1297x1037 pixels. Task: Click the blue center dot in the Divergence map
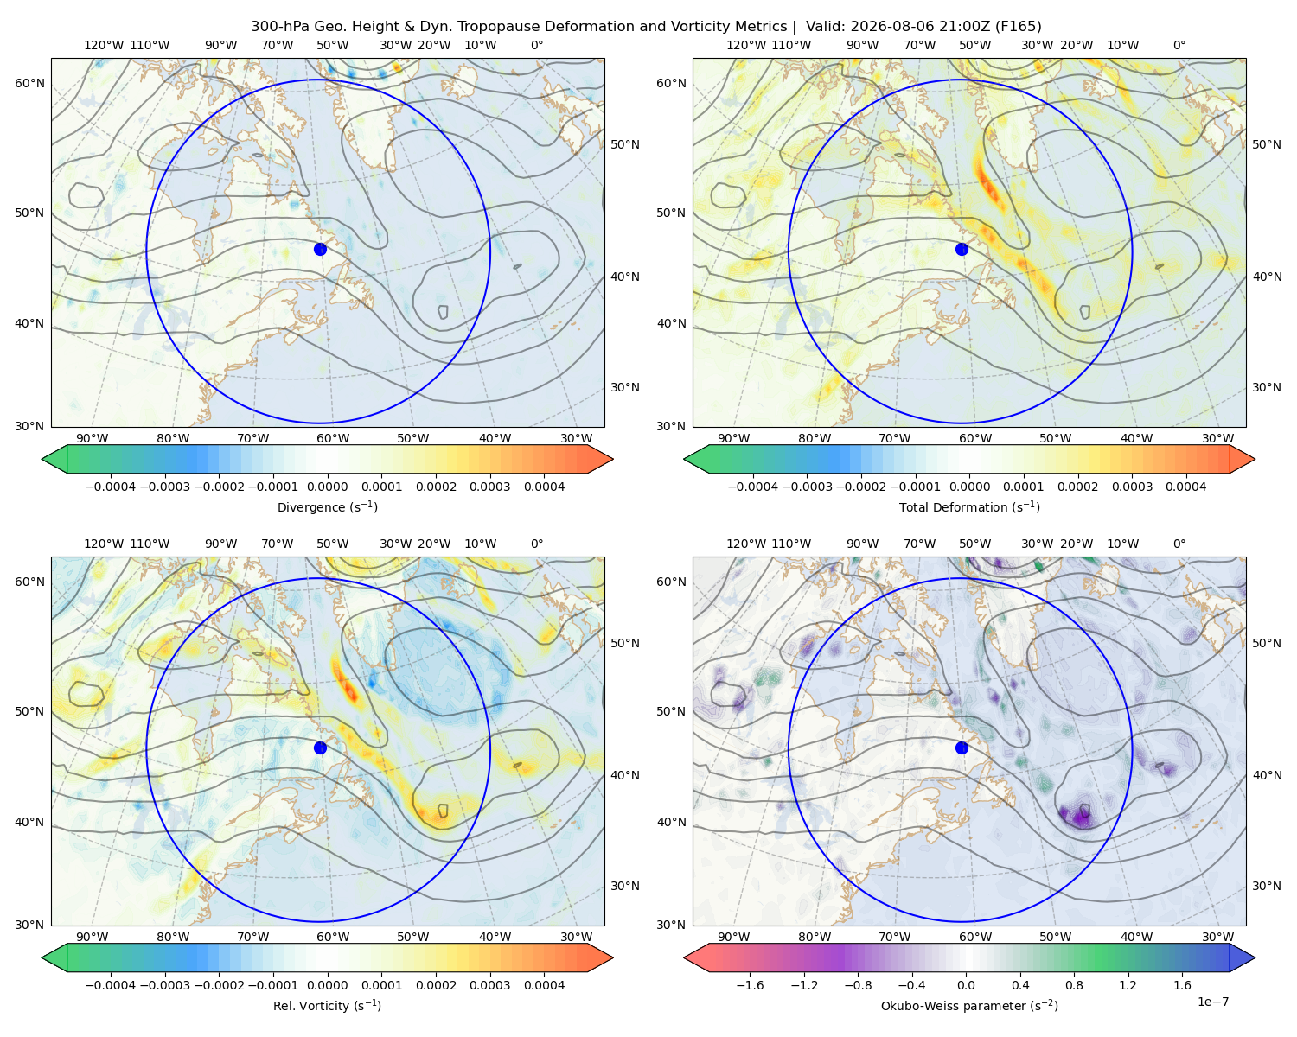(320, 249)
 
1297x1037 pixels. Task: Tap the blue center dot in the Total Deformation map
(962, 249)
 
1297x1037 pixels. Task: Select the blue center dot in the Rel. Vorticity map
(320, 748)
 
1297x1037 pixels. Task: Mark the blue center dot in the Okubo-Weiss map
(962, 748)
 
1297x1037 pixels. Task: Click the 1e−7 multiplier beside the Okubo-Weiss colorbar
(1212, 1002)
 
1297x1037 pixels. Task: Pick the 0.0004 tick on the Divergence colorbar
(544, 487)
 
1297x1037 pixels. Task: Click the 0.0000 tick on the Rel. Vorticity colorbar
(327, 985)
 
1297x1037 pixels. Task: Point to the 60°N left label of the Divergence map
(29, 83)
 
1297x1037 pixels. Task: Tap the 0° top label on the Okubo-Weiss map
(1179, 544)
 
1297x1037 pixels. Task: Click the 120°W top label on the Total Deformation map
(745, 45)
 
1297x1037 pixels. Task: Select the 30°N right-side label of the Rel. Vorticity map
(625, 886)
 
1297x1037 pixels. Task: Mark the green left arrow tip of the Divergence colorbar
(42, 459)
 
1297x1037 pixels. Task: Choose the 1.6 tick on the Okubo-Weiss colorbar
(1182, 985)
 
